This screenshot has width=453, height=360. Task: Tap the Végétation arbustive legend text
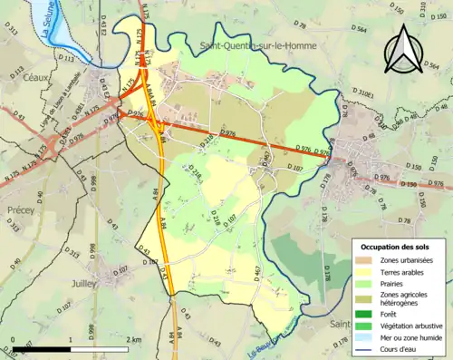point(413,322)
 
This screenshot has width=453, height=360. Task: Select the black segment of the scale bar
point(40,348)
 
